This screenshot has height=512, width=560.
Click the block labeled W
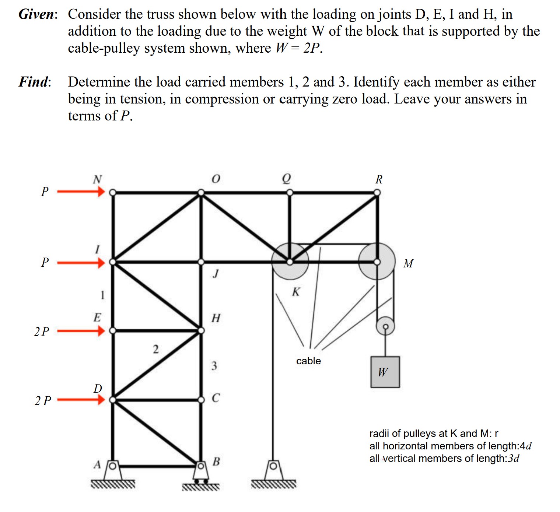(385, 372)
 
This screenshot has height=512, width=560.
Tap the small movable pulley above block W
(385, 326)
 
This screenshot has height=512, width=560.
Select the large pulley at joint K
(290, 262)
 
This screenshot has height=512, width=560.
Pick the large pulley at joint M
(377, 262)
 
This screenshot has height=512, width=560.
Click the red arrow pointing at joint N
(81, 192)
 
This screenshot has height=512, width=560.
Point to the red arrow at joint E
(81, 331)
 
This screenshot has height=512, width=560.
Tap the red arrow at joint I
(81, 263)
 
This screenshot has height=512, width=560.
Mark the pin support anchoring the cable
(273, 471)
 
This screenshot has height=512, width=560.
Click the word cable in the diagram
(308, 361)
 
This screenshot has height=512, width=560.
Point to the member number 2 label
(156, 349)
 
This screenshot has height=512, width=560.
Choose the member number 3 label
(214, 366)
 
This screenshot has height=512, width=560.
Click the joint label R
(379, 179)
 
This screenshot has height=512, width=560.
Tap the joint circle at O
(201, 192)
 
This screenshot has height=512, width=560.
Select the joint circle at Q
(290, 192)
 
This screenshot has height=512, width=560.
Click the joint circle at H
(201, 331)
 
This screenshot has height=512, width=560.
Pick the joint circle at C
(201, 400)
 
